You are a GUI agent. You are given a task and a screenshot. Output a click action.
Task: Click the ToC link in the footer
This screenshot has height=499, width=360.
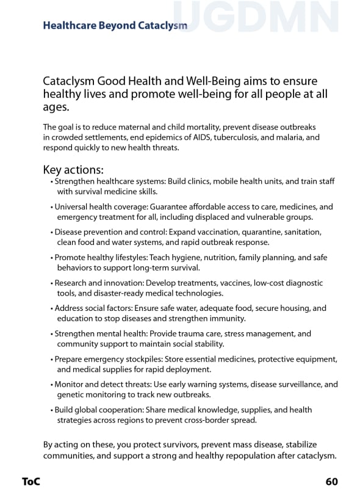(31, 482)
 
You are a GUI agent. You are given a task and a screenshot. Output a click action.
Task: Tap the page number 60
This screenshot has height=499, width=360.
(331, 482)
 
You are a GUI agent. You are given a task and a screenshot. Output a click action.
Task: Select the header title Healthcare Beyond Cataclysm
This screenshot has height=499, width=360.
(115, 26)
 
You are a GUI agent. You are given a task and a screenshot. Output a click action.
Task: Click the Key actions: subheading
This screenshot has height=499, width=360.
(73, 169)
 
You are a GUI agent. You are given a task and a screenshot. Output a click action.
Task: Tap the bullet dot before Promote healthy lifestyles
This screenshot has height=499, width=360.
(52, 258)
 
